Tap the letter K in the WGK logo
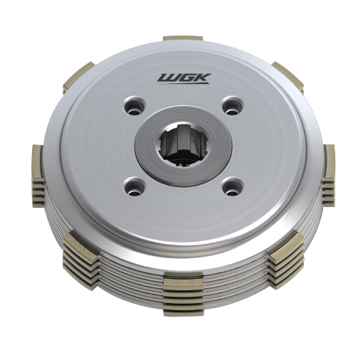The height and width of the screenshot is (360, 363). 201,78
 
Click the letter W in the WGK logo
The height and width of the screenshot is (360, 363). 168,78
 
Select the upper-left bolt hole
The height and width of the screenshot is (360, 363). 135,106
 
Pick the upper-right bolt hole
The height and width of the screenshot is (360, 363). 233,105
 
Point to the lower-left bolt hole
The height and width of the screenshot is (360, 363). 135,186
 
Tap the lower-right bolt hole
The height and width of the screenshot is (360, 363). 233,186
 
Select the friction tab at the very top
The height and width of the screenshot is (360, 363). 183,38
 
